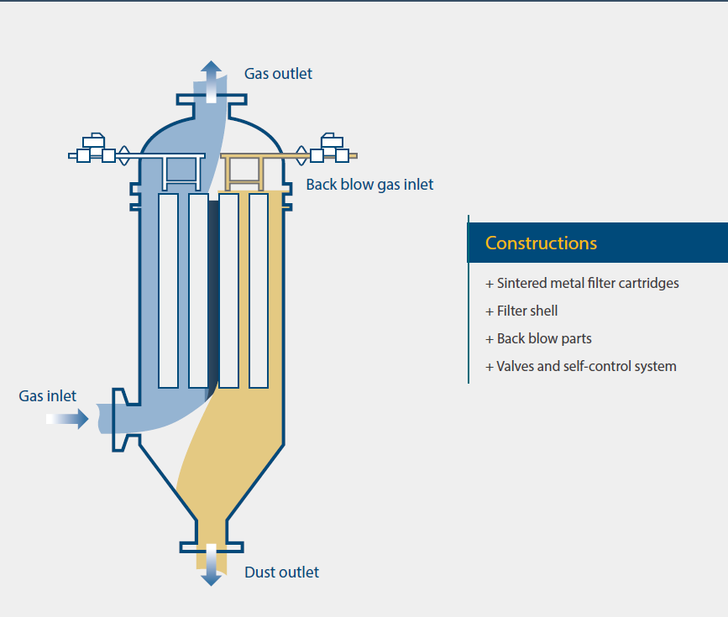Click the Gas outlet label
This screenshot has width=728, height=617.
click(x=278, y=74)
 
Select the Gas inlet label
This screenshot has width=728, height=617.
click(x=47, y=396)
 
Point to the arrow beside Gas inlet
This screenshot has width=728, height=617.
click(x=68, y=417)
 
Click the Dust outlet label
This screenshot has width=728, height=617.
click(x=281, y=573)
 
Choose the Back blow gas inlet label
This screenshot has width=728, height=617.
click(x=369, y=185)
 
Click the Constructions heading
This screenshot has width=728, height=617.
click(x=541, y=243)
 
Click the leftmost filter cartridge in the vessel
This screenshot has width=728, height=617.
click(x=168, y=290)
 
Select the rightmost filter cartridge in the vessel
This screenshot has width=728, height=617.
click(x=259, y=290)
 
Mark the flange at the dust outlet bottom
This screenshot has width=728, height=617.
click(x=211, y=547)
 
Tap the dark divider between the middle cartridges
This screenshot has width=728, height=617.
click(x=213, y=290)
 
